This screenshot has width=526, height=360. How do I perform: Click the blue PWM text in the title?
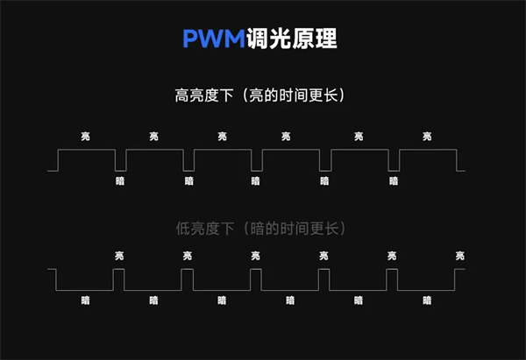(214, 39)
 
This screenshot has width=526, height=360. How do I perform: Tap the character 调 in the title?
(257, 39)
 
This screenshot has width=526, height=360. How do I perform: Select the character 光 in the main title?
(280, 39)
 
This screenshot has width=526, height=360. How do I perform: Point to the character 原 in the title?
(302, 39)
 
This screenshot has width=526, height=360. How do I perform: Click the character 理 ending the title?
(326, 39)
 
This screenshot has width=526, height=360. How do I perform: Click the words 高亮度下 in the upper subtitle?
(204, 95)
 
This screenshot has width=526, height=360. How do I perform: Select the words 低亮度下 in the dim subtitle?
(204, 229)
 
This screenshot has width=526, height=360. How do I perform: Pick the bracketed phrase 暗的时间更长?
(295, 229)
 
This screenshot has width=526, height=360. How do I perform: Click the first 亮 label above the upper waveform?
(86, 137)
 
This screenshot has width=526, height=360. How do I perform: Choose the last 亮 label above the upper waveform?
(427, 137)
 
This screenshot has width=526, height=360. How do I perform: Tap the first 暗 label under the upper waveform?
(120, 181)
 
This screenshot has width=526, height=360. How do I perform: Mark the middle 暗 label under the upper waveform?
(256, 181)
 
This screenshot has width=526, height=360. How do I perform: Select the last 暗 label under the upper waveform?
(394, 181)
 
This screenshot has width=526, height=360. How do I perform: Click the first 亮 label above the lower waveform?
(119, 256)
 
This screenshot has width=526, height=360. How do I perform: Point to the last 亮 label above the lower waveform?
(460, 256)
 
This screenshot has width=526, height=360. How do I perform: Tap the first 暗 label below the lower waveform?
(86, 300)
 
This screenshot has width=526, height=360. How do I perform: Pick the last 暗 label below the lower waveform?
(427, 300)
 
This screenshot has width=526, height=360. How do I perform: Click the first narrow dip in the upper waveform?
(120, 171)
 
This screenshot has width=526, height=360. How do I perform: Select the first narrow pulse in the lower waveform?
(118, 269)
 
